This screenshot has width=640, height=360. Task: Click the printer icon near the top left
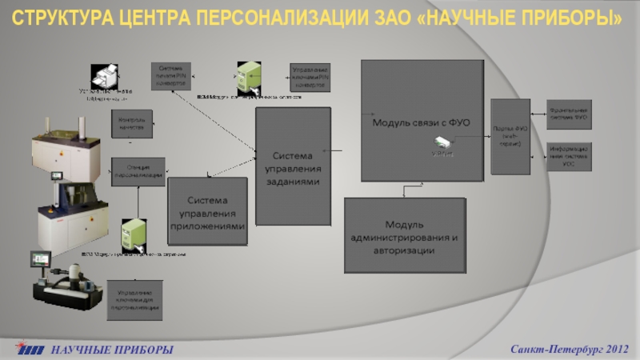(x=106, y=78)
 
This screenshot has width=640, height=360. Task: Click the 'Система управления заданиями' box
(x=293, y=166)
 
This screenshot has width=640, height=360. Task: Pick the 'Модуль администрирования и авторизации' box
(x=404, y=237)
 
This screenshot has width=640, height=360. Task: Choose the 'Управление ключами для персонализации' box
(x=135, y=299)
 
